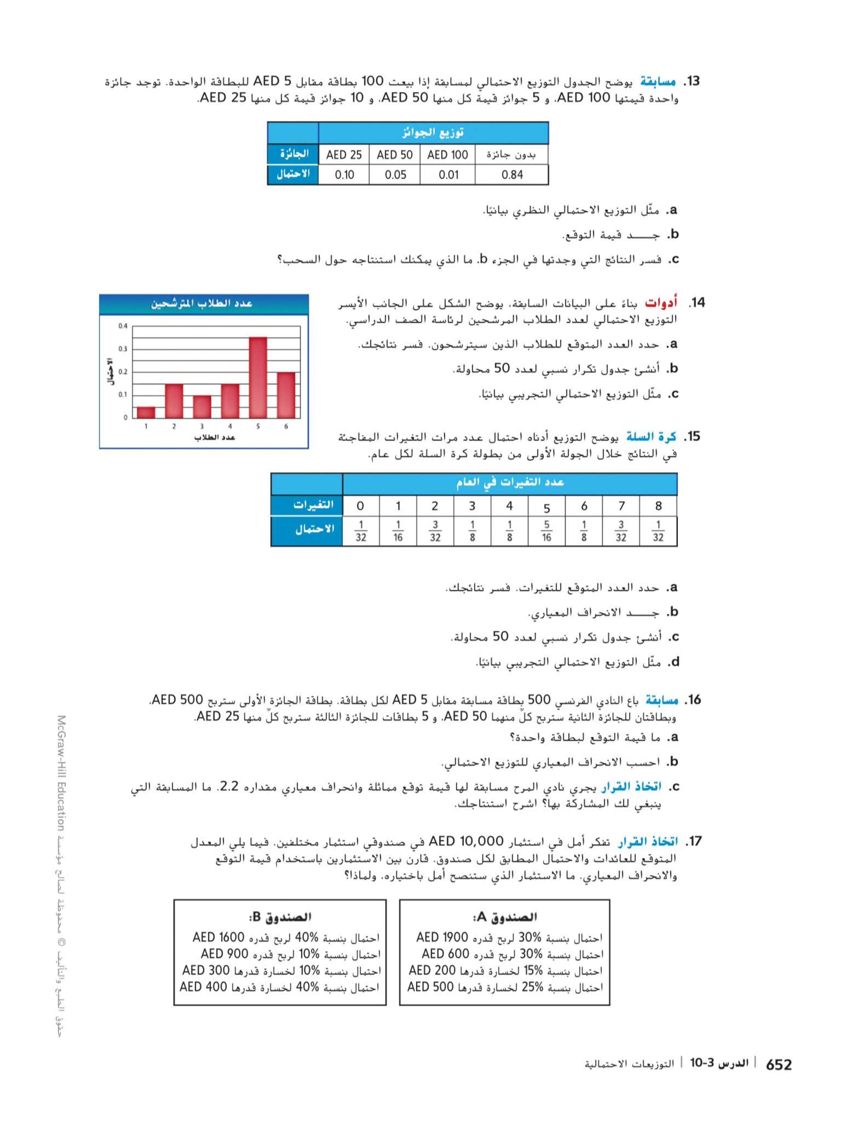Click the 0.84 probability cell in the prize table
511,175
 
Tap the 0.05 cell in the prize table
395,175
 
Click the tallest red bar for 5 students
258,377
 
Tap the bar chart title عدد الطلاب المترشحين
201,304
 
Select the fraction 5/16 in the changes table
546,531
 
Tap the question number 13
691,82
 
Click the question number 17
693,842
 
